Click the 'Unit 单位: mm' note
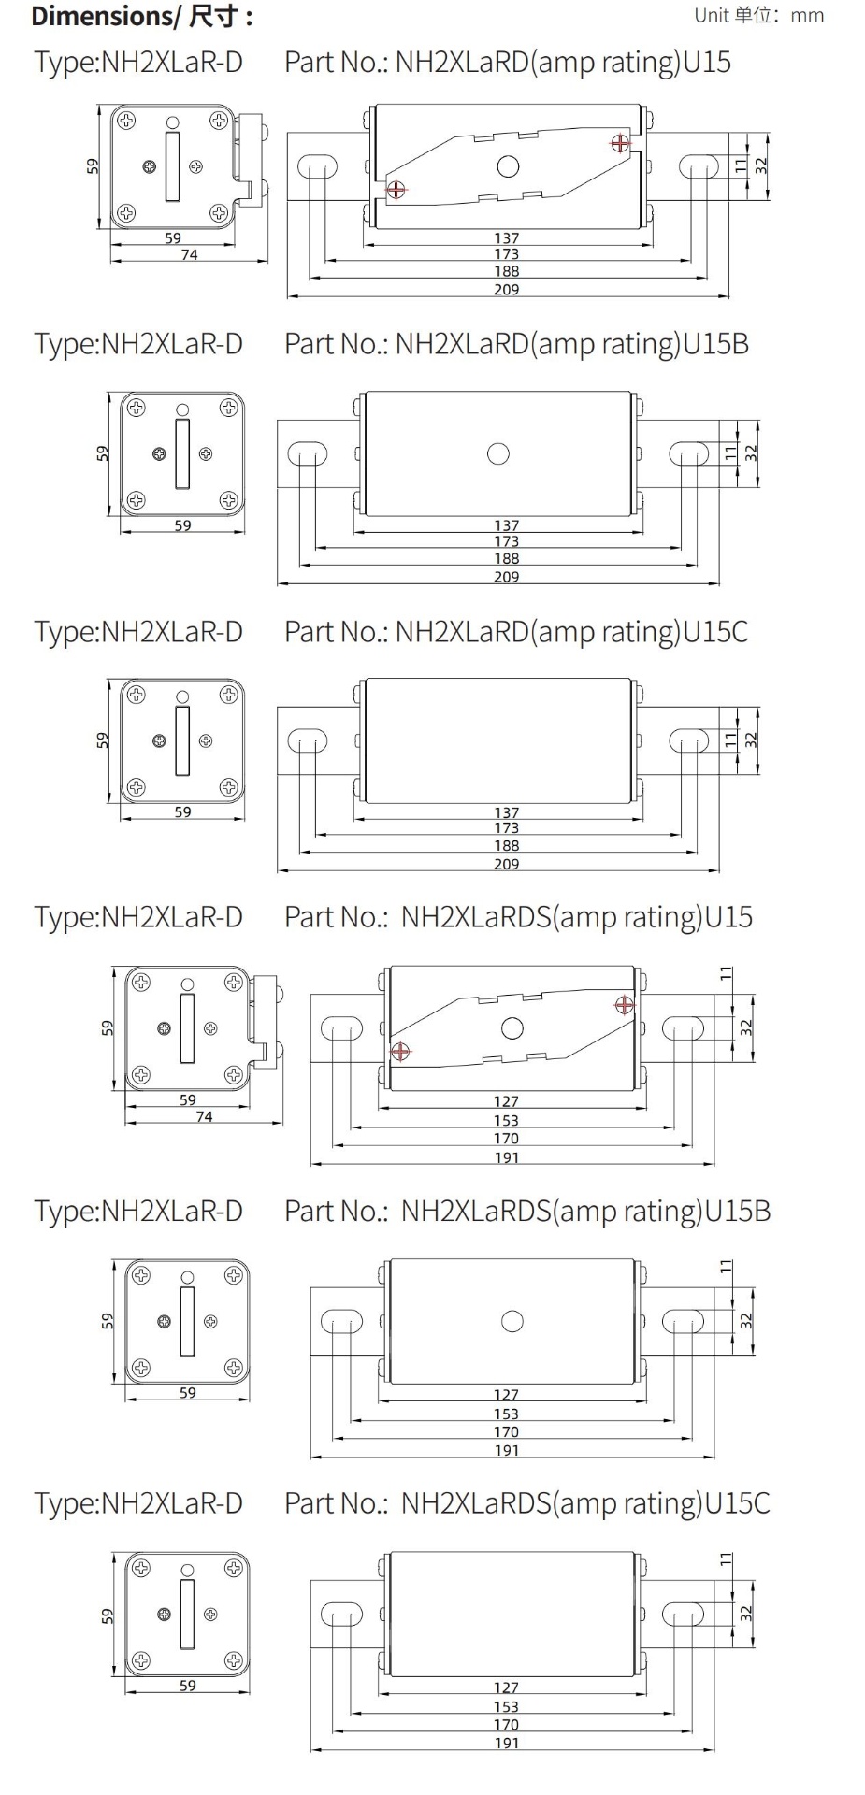coord(758,15)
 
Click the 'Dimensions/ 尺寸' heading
coord(141,17)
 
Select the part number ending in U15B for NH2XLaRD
coord(516,344)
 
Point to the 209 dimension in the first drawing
coord(506,290)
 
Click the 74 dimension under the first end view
coord(189,254)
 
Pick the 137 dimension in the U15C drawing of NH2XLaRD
coord(506,812)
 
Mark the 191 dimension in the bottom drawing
coord(506,1743)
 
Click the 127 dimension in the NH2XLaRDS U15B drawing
coord(506,1394)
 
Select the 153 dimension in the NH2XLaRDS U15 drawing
coord(506,1120)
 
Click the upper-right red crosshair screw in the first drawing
coord(620,142)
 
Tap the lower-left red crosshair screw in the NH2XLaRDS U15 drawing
coord(400,1051)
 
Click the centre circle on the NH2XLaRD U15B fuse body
coord(498,453)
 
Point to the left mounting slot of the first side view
coord(317,166)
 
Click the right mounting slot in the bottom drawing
coord(683,1614)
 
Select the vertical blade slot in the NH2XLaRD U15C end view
coord(182,740)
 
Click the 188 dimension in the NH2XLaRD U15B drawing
coord(506,558)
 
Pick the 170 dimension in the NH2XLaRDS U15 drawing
coord(506,1138)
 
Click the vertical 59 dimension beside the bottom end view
coord(108,1615)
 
